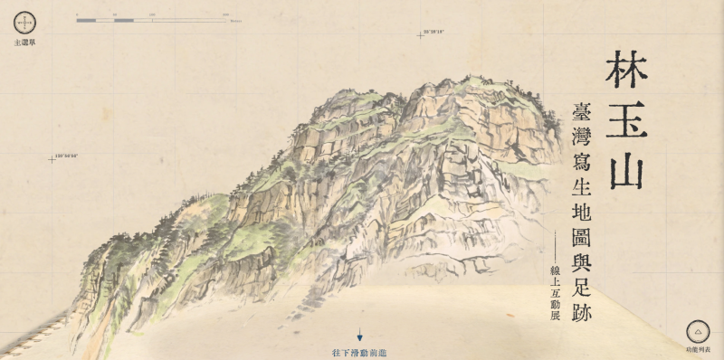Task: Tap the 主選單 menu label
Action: [24, 42]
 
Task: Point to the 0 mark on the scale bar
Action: [78, 14]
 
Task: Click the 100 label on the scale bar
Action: [151, 14]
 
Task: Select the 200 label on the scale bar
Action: [224, 14]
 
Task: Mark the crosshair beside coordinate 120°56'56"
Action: [52, 159]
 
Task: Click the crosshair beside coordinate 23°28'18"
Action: [420, 35]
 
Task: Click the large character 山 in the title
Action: [627, 169]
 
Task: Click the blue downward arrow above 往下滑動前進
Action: [359, 335]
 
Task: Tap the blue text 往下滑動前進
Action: [359, 351]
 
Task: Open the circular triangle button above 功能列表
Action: [698, 331]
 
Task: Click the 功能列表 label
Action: [698, 349]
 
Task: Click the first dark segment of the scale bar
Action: [87, 19]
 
